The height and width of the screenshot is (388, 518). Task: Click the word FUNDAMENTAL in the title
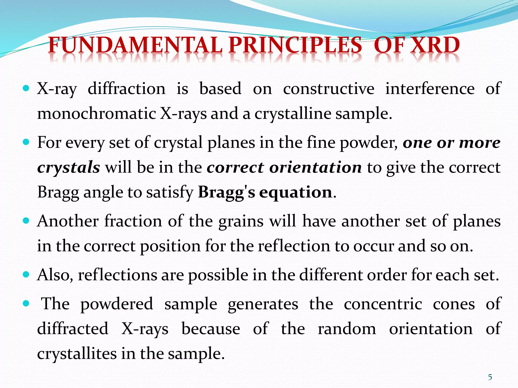coord(136,45)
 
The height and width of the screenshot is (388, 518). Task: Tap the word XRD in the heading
coord(435,45)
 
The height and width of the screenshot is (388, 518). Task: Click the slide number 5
coord(490,377)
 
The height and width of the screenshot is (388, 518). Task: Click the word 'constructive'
coord(329,89)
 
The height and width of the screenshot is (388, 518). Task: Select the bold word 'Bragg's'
coord(226,192)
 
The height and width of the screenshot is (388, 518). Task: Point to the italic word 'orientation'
coord(315,167)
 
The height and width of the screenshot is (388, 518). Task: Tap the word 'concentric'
coord(383,304)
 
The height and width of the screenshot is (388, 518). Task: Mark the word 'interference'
coord(430,89)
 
